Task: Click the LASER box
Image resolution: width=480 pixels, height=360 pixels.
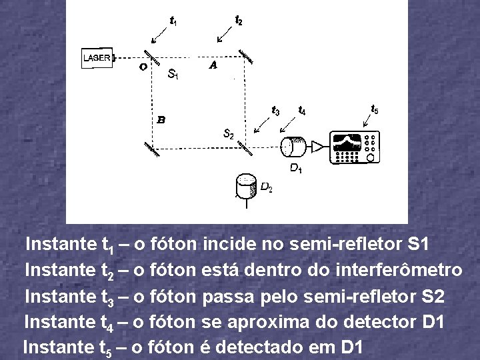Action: [97, 58]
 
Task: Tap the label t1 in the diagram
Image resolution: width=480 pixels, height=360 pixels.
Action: [173, 23]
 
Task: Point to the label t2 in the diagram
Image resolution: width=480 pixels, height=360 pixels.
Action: [239, 21]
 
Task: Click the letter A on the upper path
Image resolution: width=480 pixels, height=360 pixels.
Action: [213, 65]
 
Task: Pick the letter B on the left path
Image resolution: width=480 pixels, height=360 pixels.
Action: [161, 120]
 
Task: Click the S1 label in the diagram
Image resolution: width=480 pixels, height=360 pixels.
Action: [173, 74]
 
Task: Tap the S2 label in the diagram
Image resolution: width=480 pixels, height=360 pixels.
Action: [228, 134]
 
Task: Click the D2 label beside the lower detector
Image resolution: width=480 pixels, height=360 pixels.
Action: [265, 188]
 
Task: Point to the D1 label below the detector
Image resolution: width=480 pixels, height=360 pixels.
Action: [295, 168]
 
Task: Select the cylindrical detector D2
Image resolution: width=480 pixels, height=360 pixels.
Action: [247, 186]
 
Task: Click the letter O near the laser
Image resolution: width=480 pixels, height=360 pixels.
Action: [143, 67]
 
